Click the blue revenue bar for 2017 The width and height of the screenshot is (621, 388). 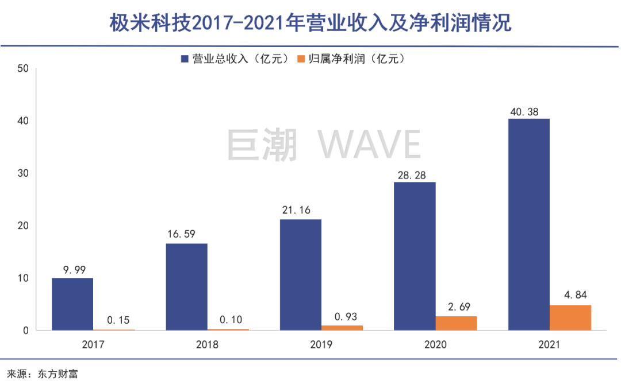(x=72, y=304)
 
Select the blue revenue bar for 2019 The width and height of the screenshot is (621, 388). (x=301, y=275)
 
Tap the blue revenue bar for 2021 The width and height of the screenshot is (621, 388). (x=529, y=224)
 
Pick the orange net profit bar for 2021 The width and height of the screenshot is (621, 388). (x=570, y=317)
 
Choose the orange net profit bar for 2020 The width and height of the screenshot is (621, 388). (x=456, y=323)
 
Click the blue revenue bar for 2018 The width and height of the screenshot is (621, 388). (x=187, y=287)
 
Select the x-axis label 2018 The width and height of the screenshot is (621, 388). (x=187, y=346)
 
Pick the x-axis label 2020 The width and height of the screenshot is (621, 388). (x=415, y=346)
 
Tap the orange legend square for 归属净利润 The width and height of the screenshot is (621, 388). (x=300, y=59)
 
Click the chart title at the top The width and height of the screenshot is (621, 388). (x=310, y=23)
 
